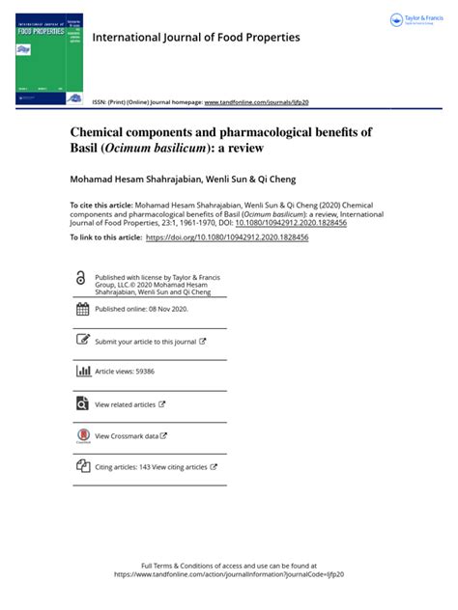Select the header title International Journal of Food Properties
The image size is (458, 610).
(x=195, y=38)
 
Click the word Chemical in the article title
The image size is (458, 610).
(x=101, y=131)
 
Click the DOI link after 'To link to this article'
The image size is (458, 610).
(x=227, y=236)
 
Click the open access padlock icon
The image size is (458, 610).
(x=80, y=278)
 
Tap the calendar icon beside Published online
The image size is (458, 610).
(x=82, y=310)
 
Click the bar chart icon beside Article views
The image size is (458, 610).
(x=82, y=371)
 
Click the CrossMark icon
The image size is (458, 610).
(x=82, y=436)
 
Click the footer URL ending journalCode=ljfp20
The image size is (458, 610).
(x=229, y=573)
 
